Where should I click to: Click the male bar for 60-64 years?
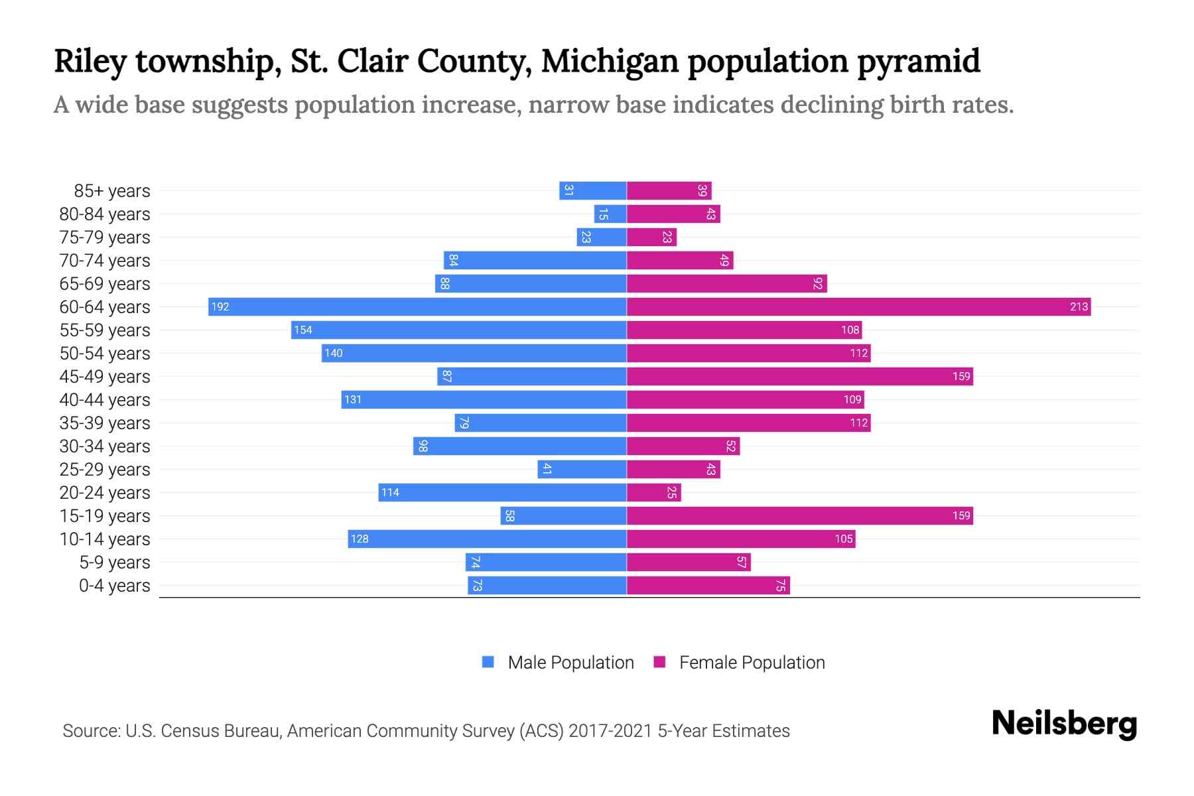418,306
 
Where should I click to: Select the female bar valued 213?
858,306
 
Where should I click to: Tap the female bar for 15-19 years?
799,515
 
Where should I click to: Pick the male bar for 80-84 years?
610,214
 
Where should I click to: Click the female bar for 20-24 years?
653,492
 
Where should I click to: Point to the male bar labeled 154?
459,330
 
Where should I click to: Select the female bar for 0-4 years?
708,585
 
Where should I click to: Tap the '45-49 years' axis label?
105,377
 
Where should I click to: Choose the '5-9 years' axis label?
114,563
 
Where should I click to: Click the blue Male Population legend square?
488,662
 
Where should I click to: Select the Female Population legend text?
752,662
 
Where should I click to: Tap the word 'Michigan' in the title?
610,62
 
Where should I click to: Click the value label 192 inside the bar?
220,306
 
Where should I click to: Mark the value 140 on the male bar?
334,353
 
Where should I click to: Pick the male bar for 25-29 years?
582,469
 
